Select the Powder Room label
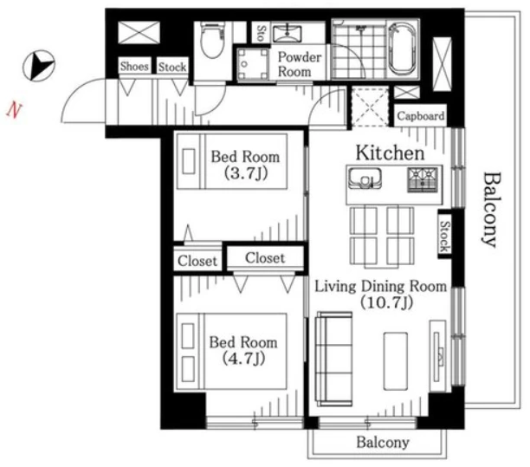(x=299, y=64)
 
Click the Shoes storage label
(x=134, y=66)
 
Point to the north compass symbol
(x=38, y=66)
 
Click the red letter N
(x=14, y=111)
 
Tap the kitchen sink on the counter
(x=365, y=178)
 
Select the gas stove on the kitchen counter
(x=422, y=179)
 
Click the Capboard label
(x=420, y=116)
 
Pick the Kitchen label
(x=390, y=152)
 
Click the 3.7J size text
(x=246, y=173)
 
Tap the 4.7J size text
(x=243, y=359)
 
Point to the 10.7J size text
(x=386, y=302)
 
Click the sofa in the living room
(x=334, y=359)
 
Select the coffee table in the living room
(x=395, y=360)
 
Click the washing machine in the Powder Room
(x=253, y=64)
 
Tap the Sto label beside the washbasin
(x=261, y=33)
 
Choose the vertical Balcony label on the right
(x=490, y=210)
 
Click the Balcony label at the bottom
(x=383, y=442)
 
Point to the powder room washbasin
(x=288, y=33)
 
